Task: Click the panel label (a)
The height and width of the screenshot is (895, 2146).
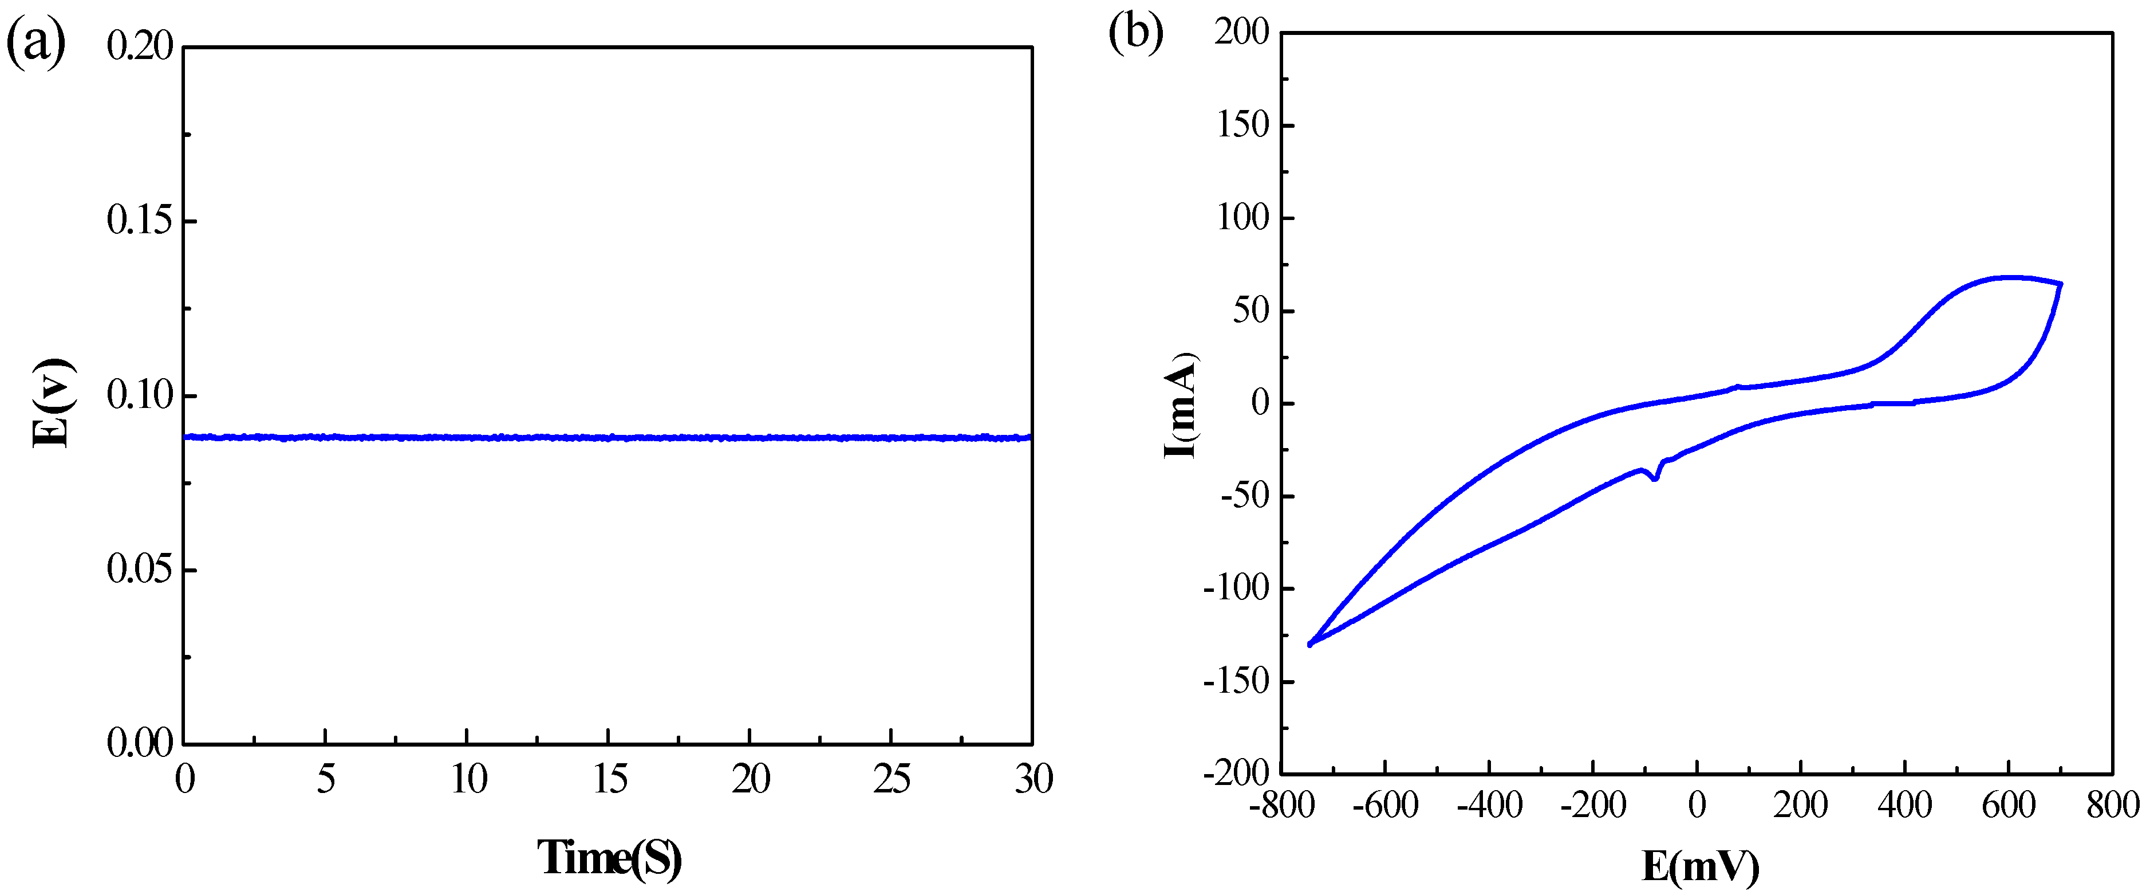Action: point(36,44)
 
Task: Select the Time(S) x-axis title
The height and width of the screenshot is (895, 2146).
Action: point(609,858)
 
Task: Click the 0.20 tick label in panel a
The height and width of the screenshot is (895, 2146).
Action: point(140,46)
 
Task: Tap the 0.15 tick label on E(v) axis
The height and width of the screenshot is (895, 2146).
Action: point(140,221)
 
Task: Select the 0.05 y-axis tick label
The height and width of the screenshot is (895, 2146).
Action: point(140,570)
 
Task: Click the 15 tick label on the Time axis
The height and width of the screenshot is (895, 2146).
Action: point(609,780)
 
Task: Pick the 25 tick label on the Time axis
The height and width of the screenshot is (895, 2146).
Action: point(891,780)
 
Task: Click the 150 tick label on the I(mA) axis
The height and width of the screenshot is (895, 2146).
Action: point(1242,126)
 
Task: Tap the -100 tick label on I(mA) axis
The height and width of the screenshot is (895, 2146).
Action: point(1236,589)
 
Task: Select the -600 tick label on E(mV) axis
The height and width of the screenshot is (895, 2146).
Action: point(1384,806)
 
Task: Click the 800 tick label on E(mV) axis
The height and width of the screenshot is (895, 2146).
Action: point(2112,806)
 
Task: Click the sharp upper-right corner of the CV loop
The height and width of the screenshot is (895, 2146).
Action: point(2060,284)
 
